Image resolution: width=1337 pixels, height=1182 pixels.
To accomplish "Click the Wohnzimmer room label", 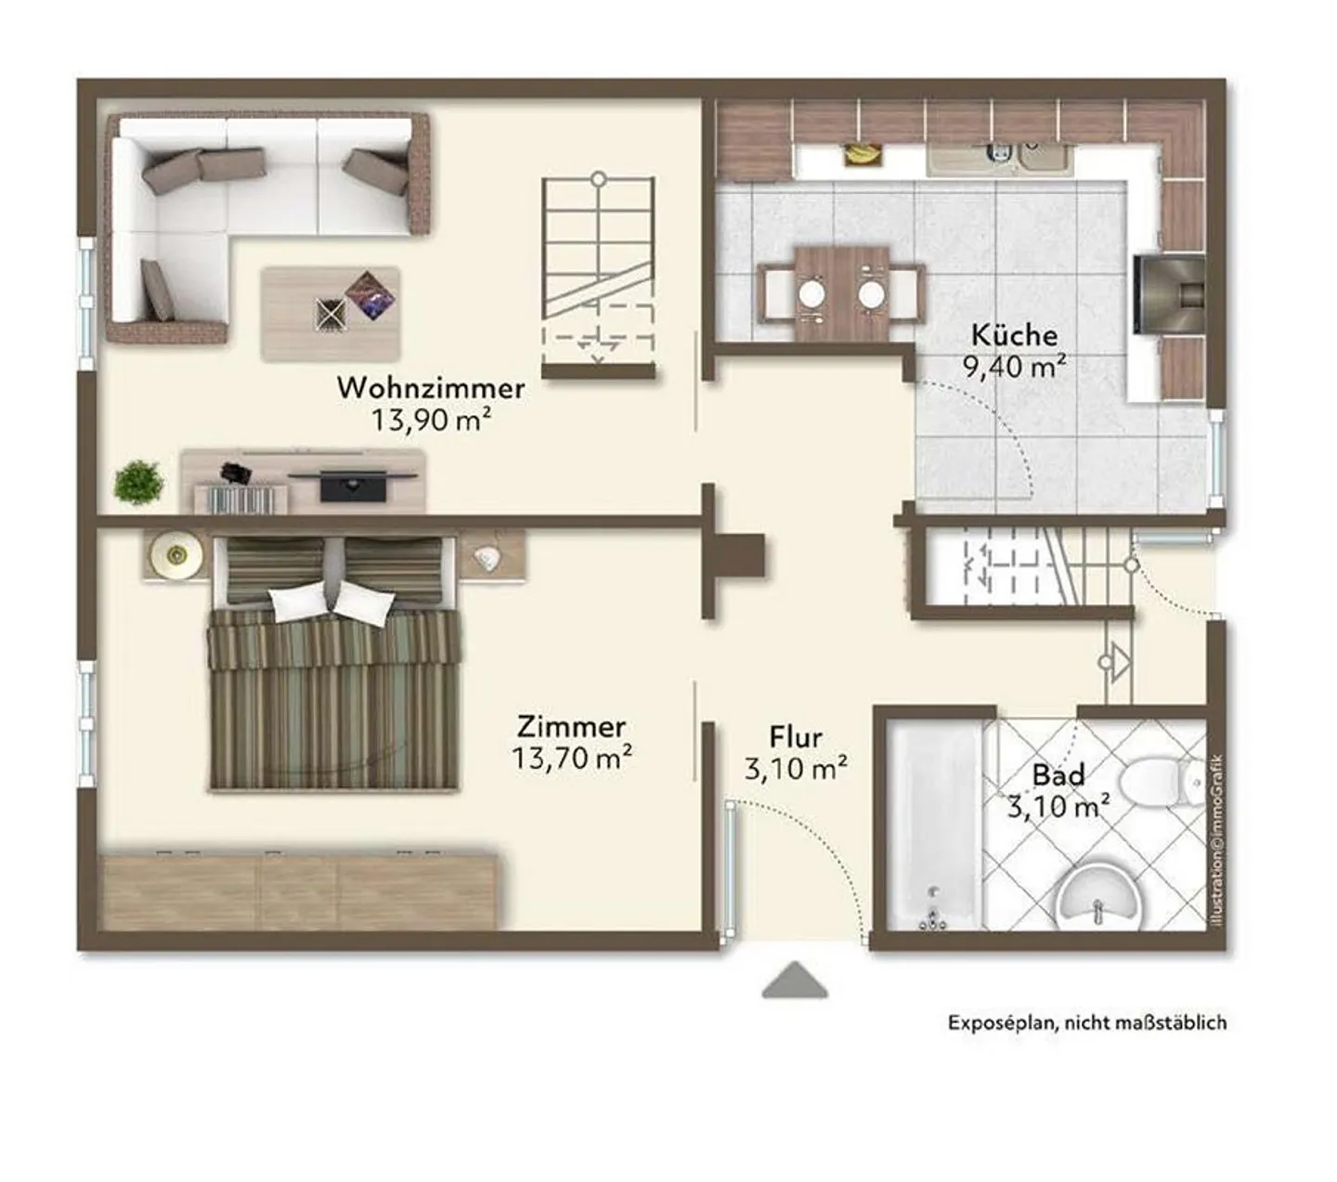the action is tap(431, 388).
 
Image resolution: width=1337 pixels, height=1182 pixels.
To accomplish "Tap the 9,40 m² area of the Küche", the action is tap(1014, 367).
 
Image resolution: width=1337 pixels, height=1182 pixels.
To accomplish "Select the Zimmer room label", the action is tap(571, 727).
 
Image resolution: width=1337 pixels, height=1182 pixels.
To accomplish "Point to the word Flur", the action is tap(796, 737).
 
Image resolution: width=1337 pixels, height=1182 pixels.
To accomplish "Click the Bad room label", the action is tap(1058, 774).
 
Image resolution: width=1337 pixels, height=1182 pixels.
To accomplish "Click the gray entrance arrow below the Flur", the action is tap(795, 980).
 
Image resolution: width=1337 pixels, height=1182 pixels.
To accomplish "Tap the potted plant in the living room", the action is tap(138, 482).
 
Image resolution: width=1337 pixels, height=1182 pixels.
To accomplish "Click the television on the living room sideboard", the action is tap(353, 485).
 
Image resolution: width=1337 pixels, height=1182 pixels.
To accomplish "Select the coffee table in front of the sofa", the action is tap(331, 314).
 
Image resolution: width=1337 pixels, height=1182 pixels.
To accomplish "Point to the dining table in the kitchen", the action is tap(841, 293).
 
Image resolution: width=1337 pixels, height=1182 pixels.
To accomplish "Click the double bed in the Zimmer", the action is tap(333, 663).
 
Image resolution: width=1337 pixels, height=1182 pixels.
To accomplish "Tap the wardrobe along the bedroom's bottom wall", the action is tap(297, 891).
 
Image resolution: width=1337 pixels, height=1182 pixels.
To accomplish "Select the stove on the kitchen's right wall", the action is tap(1169, 294).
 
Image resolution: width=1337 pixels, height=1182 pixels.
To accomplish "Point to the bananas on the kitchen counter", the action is tap(862, 154).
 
